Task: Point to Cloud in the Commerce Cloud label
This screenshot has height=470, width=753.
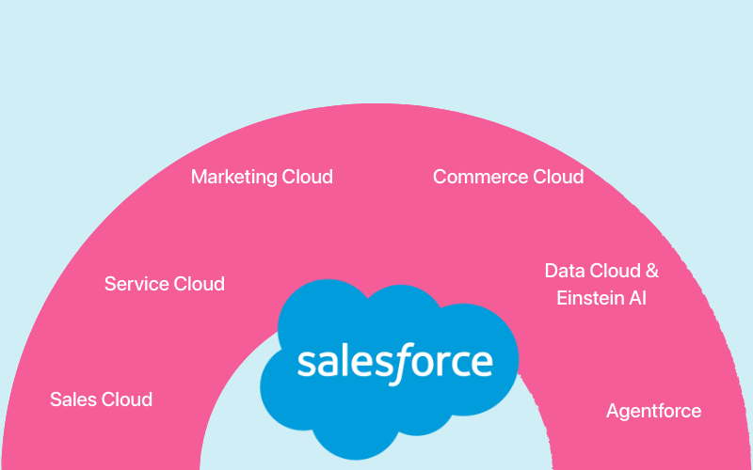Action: [558, 177]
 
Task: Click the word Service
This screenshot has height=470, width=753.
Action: [135, 284]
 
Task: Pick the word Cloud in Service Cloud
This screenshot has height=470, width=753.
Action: [198, 284]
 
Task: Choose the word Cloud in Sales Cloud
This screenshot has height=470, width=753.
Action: [125, 399]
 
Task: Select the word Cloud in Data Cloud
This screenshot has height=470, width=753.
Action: [615, 272]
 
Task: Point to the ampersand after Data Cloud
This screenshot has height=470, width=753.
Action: [651, 272]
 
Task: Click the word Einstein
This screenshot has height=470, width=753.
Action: [589, 299]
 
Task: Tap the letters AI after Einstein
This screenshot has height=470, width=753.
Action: [637, 299]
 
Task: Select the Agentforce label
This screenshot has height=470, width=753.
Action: [654, 412]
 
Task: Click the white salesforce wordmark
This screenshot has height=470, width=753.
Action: [394, 362]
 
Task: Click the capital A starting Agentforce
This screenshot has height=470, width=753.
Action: [613, 411]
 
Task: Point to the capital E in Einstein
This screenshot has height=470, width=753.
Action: [562, 299]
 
